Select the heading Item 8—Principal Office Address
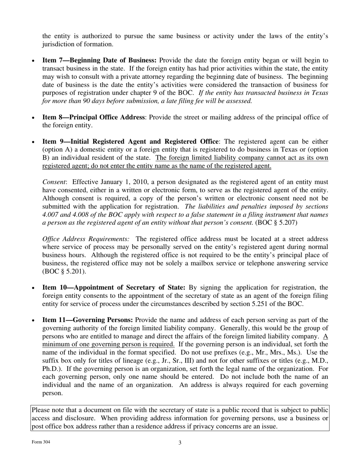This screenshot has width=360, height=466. pos(93,117)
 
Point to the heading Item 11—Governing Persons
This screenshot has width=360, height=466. pos(88,320)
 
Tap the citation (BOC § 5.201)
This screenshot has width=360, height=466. pos(64,271)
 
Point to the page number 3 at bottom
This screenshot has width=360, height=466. pos(180,443)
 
